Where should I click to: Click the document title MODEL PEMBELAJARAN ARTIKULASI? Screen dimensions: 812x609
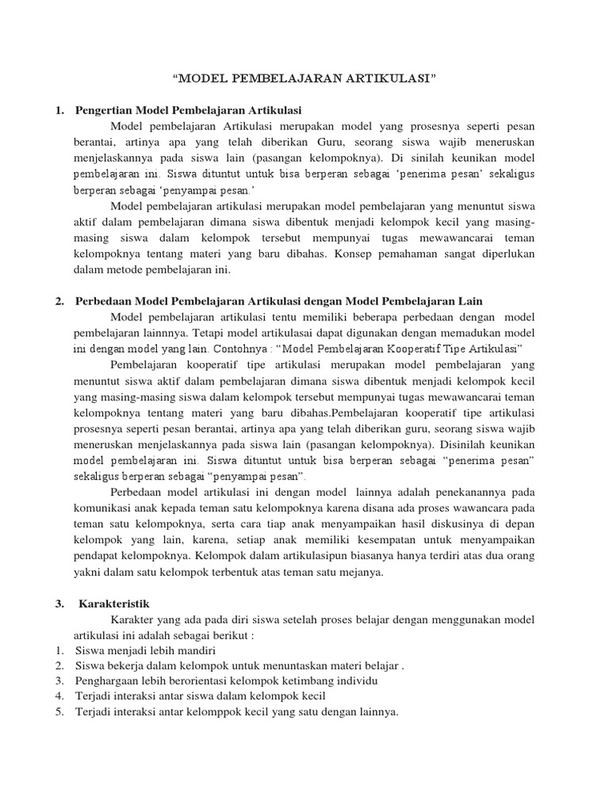click(305, 79)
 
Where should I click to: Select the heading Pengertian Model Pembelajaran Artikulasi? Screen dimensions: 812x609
click(188, 109)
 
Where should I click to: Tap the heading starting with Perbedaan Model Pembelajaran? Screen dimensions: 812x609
click(278, 301)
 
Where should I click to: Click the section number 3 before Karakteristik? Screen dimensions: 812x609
click(59, 603)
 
